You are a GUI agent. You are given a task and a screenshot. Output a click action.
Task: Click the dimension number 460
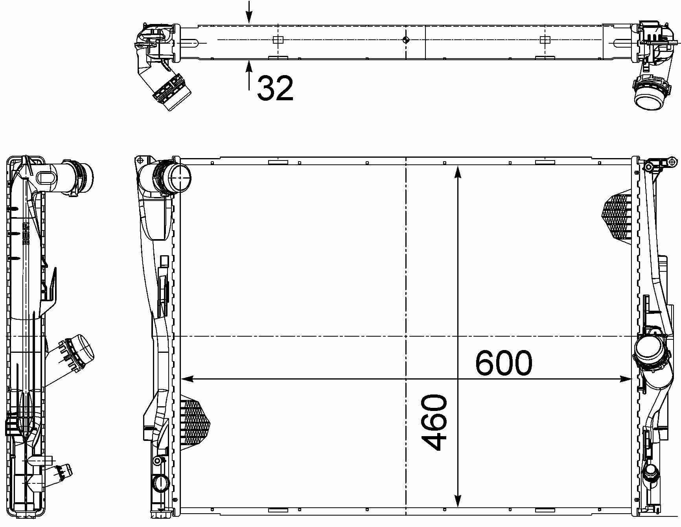(x=434, y=422)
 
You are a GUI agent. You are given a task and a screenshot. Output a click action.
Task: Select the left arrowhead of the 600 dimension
(x=187, y=379)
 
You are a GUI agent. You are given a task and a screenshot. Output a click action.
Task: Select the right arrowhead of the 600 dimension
(x=626, y=379)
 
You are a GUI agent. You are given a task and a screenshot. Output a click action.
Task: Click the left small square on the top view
(x=278, y=40)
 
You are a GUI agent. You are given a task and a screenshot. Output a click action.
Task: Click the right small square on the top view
(x=545, y=40)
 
